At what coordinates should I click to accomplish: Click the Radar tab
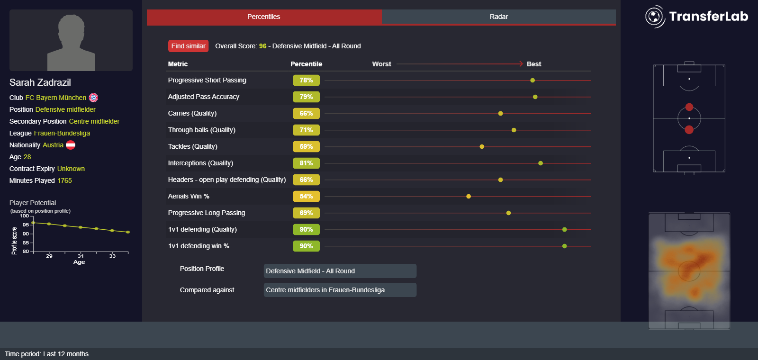498,17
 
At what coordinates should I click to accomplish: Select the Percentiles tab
264,17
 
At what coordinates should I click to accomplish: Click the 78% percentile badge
306,81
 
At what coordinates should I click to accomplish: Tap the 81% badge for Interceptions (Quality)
306,163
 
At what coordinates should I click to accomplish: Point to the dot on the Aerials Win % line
469,197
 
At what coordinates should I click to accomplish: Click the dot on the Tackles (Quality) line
482,147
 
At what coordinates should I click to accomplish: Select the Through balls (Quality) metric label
201,130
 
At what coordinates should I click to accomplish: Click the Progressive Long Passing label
207,213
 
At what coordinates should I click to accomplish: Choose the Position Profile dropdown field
340,271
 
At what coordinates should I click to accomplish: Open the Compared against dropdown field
340,290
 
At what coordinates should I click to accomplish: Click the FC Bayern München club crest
93,98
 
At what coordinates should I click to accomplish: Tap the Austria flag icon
71,145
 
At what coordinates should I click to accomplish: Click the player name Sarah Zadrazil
40,82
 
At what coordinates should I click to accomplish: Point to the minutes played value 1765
64,180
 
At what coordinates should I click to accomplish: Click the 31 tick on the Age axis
81,256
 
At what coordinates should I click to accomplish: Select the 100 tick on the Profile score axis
24,216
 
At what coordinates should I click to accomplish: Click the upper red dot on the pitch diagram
689,107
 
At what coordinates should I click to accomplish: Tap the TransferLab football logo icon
655,17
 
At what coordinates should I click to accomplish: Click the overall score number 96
262,46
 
